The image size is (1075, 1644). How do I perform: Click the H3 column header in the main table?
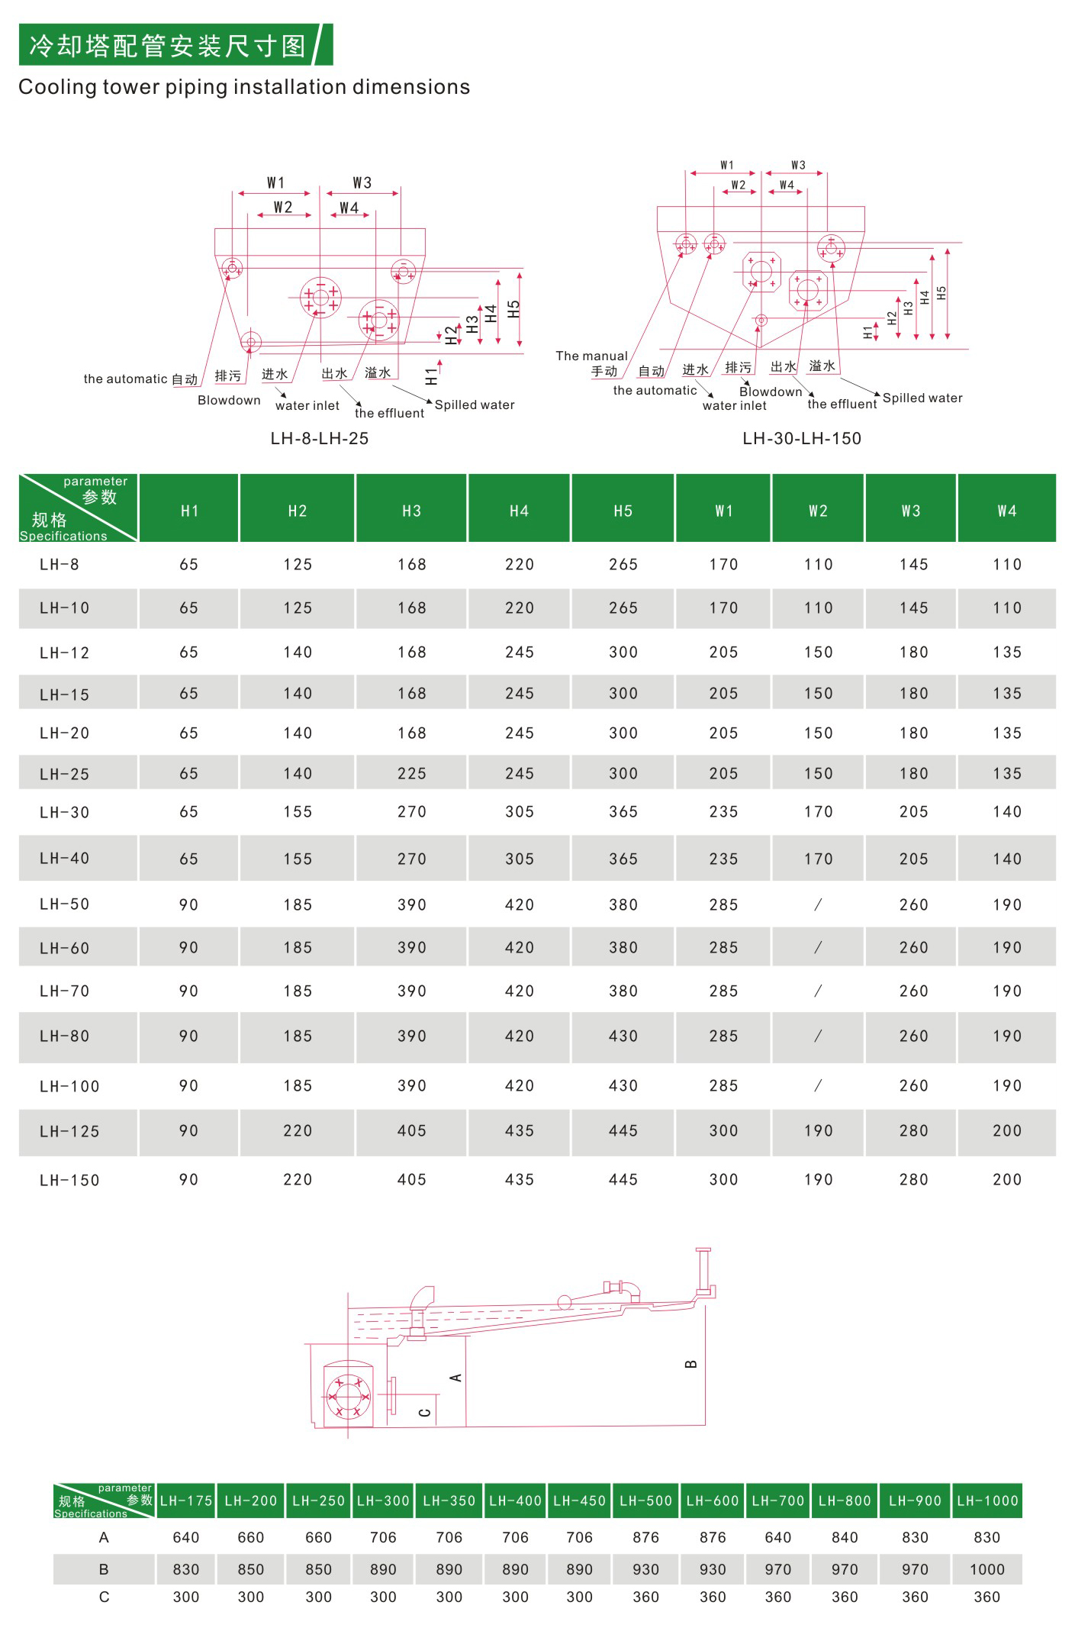click(411, 511)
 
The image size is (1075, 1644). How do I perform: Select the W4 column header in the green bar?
click(1006, 511)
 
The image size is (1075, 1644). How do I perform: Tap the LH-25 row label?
click(65, 774)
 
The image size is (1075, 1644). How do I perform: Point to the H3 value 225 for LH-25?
click(411, 773)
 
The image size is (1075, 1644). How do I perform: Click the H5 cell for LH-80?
click(623, 1036)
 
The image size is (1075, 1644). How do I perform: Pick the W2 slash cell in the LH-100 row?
click(818, 1085)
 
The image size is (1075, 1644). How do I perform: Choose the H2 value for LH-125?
click(298, 1130)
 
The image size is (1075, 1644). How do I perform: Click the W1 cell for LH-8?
click(723, 564)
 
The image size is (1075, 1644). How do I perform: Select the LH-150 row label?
click(69, 1180)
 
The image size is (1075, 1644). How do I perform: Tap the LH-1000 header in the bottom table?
click(987, 1501)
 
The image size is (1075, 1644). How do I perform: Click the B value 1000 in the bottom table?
click(986, 1569)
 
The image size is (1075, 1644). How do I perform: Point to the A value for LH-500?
click(645, 1537)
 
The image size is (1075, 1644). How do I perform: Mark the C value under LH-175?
click(185, 1597)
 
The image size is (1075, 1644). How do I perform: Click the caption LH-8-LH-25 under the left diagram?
click(320, 438)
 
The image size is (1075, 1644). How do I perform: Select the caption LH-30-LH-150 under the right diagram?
click(802, 438)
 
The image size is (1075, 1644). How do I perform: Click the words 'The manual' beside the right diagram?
click(591, 356)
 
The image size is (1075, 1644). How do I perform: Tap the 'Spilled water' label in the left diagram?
click(475, 405)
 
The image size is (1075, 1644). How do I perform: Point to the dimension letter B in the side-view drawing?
click(691, 1364)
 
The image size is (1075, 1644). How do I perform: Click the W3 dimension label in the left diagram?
click(362, 183)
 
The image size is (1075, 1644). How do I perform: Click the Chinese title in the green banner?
click(167, 46)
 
